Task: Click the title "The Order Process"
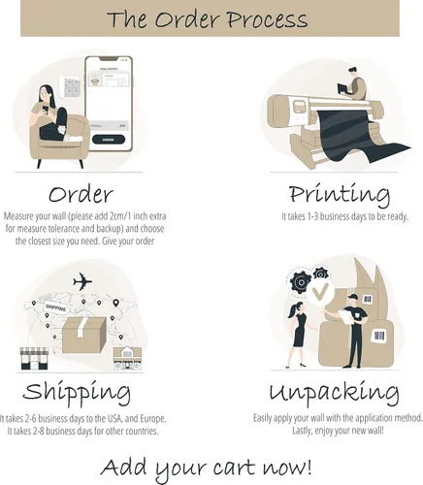(x=208, y=19)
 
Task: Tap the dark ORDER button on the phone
(x=109, y=140)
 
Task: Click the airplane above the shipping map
(x=82, y=281)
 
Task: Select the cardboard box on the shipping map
(x=84, y=335)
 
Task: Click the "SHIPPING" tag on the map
(x=55, y=307)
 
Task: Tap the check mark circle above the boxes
(x=320, y=291)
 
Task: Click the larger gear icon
(x=301, y=282)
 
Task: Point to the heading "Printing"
(x=340, y=195)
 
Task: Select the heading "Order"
(x=81, y=194)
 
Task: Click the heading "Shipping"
(x=77, y=392)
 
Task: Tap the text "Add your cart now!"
(x=207, y=468)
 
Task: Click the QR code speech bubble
(x=70, y=86)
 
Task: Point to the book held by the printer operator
(x=342, y=88)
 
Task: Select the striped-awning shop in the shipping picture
(x=34, y=359)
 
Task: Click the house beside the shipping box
(x=127, y=358)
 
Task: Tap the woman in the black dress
(x=299, y=335)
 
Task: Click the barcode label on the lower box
(x=379, y=336)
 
